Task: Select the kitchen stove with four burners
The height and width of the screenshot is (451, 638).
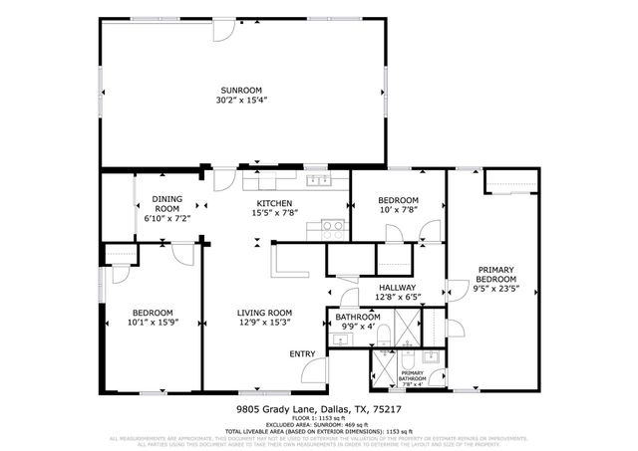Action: coord(332,226)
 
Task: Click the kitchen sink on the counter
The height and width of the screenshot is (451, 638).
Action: coord(319,180)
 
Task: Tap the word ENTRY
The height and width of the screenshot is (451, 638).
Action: coord(302,353)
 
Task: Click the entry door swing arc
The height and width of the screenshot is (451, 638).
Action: coord(315,373)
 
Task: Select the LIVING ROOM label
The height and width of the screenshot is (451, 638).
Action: coord(264,313)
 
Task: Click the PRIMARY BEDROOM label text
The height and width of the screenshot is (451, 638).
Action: coord(495,275)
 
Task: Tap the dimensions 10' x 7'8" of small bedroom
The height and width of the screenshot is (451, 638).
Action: coord(398,210)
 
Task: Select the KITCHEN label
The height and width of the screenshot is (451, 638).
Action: coord(272,203)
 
